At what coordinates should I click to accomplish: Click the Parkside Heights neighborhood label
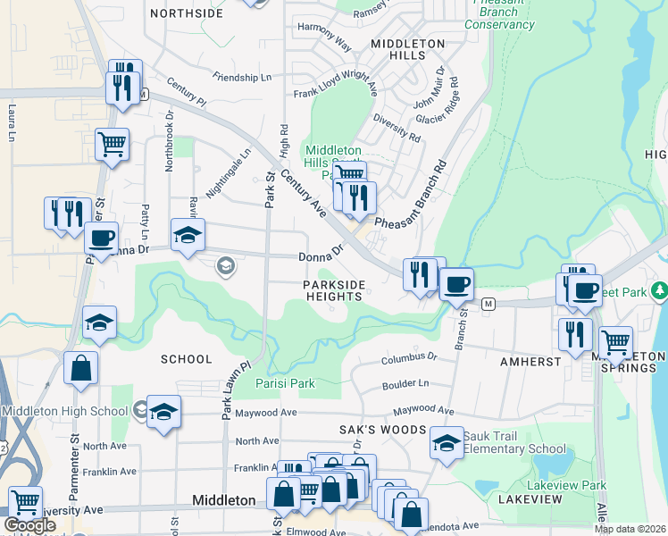[333, 290]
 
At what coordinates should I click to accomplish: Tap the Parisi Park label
[285, 383]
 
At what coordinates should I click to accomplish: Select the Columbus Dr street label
[408, 358]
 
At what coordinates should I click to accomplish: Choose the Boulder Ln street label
[405, 383]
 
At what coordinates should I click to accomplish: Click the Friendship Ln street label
[243, 78]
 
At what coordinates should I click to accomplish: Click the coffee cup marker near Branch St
[456, 285]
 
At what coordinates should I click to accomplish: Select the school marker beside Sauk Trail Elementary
[446, 441]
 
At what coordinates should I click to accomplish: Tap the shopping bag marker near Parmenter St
[80, 366]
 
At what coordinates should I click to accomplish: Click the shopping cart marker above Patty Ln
[112, 143]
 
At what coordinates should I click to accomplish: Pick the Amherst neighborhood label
[530, 362]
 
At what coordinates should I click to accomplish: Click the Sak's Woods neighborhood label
[381, 430]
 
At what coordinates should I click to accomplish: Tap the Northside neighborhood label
[187, 13]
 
